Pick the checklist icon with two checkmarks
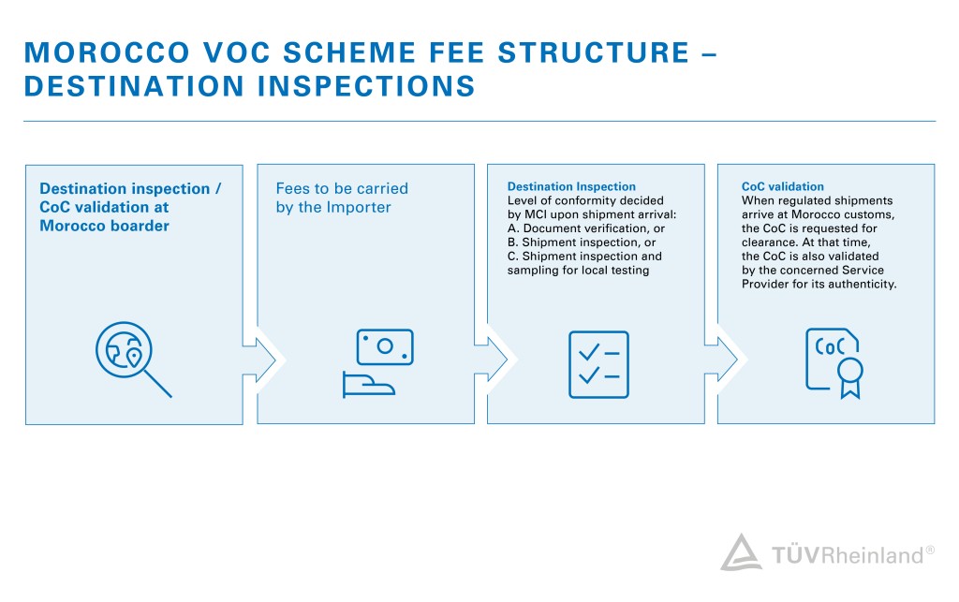tap(598, 364)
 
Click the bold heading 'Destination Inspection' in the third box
tap(571, 187)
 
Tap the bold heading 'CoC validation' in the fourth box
tap(783, 187)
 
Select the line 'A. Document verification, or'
tap(586, 228)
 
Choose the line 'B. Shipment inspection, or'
tap(582, 242)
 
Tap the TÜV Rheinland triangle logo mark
tap(740, 553)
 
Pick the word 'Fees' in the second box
tap(293, 188)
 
